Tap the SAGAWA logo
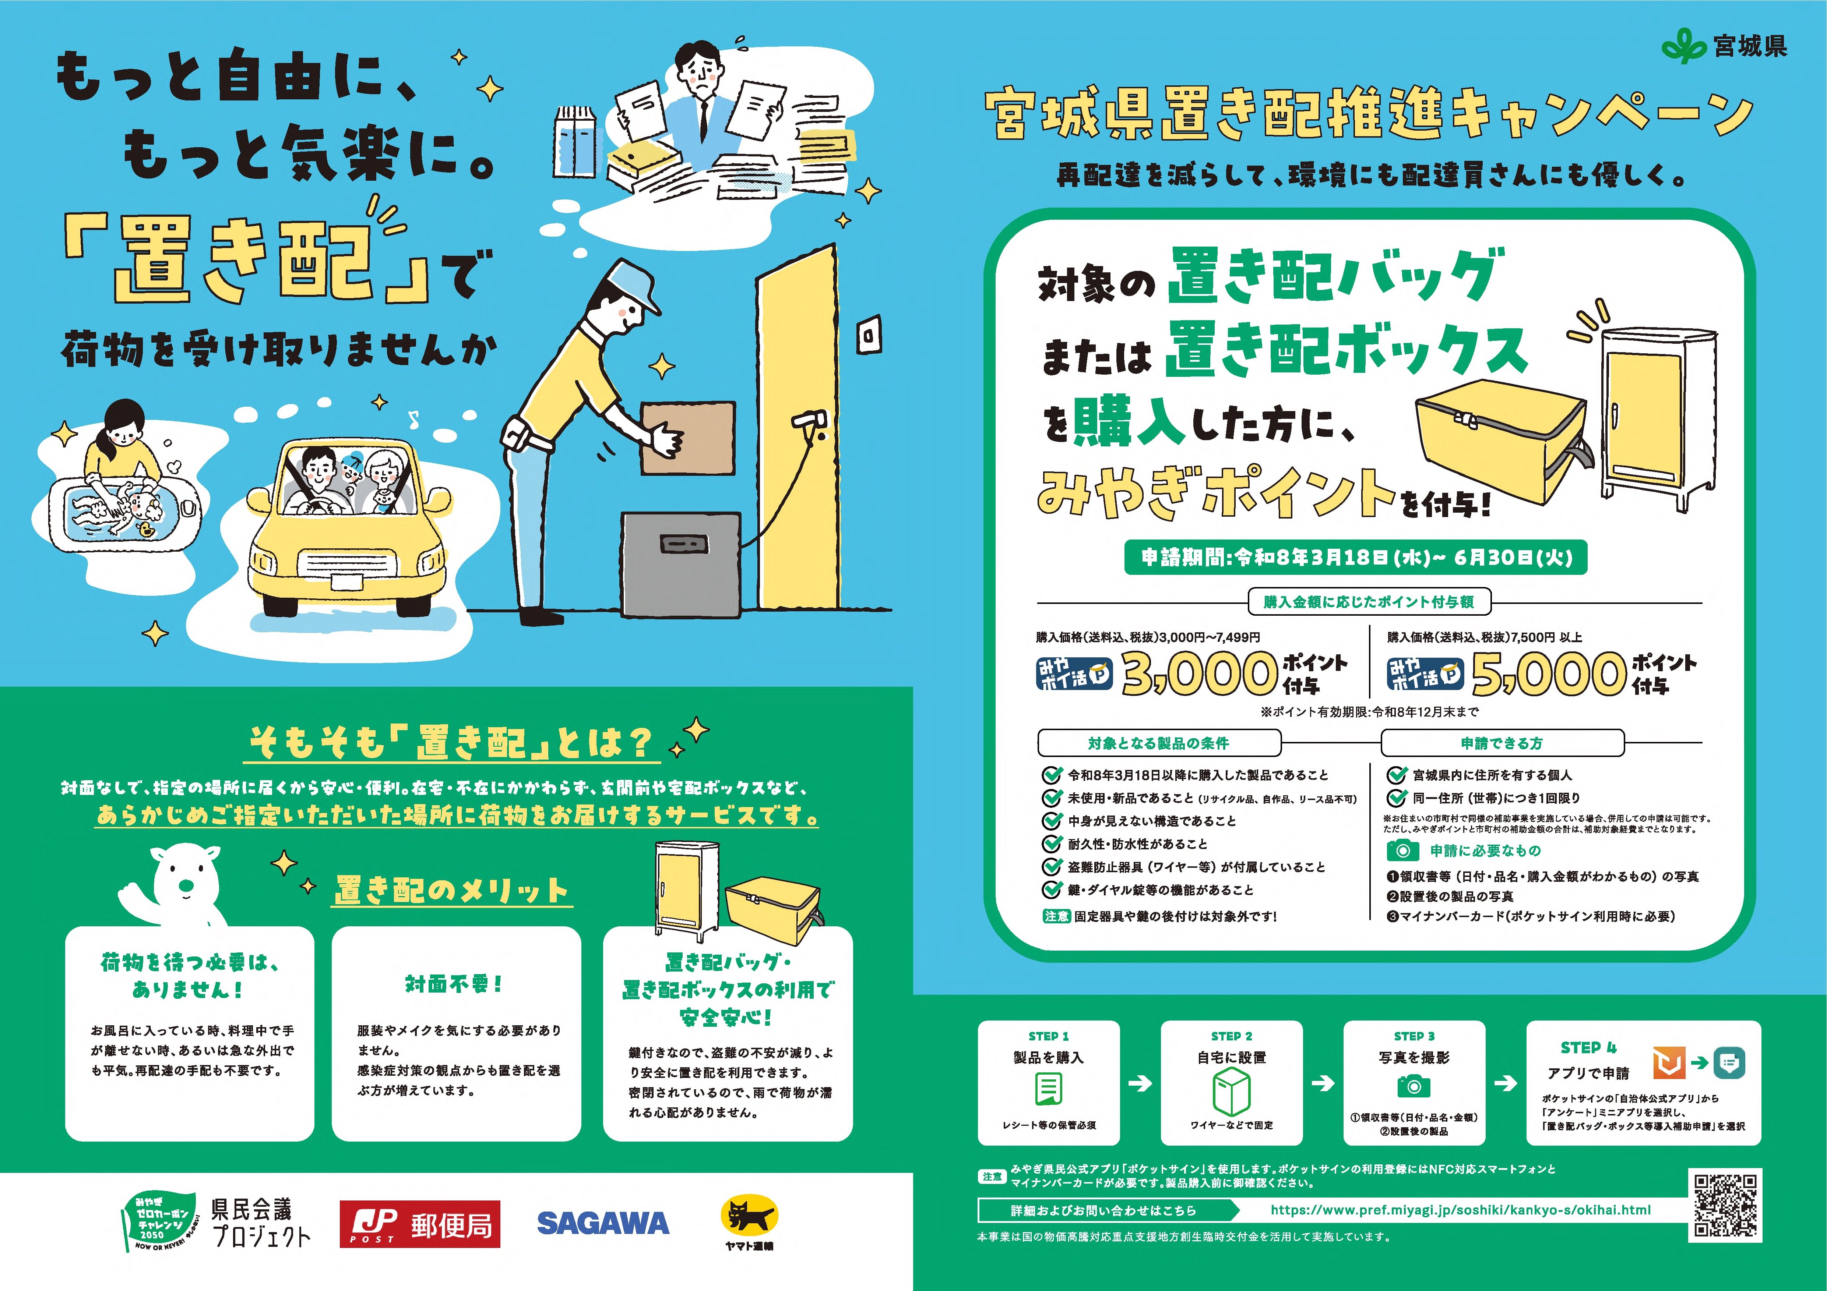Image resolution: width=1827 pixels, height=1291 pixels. click(603, 1223)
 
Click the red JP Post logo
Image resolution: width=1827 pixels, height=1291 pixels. click(420, 1223)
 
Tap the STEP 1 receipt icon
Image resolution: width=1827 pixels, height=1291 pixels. click(1049, 1088)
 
